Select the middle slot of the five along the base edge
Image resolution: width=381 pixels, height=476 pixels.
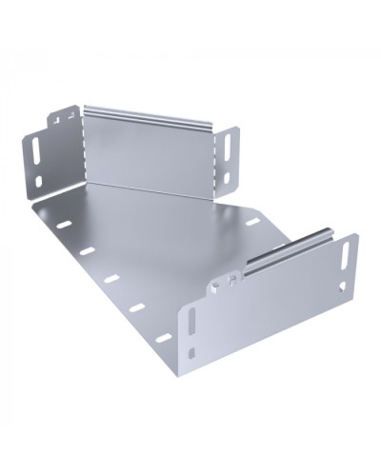pos(111,280)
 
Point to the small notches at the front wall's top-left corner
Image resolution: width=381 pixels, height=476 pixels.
pos(226,282)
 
